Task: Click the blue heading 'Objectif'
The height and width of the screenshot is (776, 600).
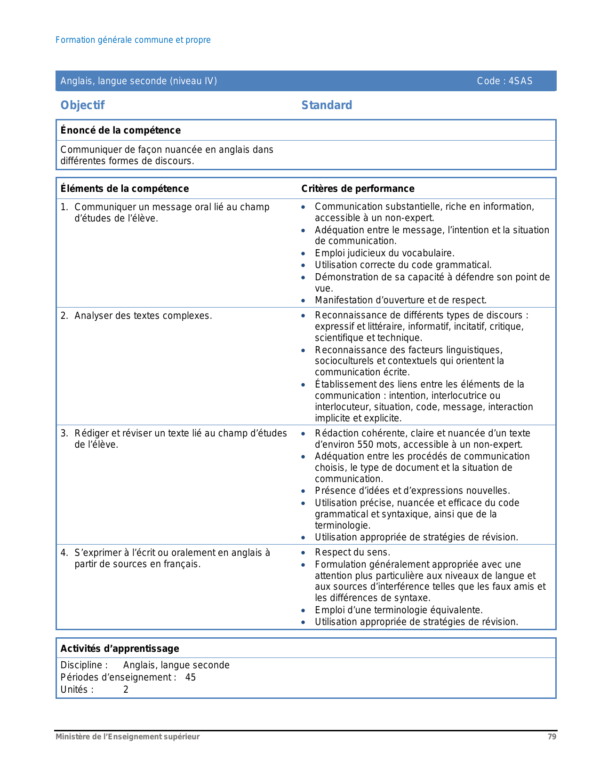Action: pos(82,105)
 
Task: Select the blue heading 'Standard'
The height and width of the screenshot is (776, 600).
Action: pos(327,105)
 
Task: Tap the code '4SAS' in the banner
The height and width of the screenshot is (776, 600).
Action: pos(520,81)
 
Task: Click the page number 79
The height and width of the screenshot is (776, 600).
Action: pos(552,736)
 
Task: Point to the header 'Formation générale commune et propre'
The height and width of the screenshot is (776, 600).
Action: pos(133,40)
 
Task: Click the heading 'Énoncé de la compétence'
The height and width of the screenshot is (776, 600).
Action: pos(120,130)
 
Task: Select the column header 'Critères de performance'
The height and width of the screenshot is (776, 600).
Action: pos(358,189)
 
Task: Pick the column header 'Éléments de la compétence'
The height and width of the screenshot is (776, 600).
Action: pos(125,189)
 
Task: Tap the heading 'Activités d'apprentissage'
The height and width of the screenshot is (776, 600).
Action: pos(120,649)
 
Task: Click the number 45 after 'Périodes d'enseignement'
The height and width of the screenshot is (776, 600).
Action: pos(191,677)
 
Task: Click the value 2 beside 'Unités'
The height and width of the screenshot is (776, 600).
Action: pos(126,689)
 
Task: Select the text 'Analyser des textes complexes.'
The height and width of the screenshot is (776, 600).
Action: pos(143,316)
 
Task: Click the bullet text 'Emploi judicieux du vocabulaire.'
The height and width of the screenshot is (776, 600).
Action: pos(384,253)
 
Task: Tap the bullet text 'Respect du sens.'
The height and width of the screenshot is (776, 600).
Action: pos(352,552)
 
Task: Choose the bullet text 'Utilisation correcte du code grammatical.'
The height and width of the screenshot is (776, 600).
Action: pos(403,265)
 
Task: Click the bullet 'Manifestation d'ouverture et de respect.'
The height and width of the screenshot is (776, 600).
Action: pos(400,300)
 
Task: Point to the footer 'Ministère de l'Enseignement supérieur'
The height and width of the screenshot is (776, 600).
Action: pos(128,736)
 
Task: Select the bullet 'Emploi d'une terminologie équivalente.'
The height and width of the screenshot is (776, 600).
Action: pos(399,610)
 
